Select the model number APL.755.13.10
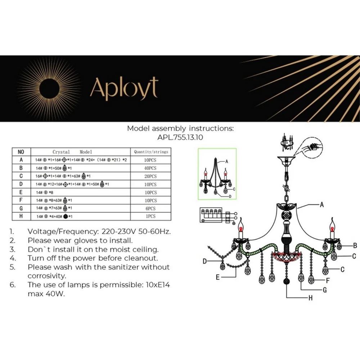point(180,137)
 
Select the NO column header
point(21,152)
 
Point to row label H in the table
point(21,216)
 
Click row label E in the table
point(21,192)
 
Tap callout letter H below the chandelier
point(310,298)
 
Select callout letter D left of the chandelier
point(204,261)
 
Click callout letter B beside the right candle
point(355,246)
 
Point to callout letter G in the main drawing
point(324,290)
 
